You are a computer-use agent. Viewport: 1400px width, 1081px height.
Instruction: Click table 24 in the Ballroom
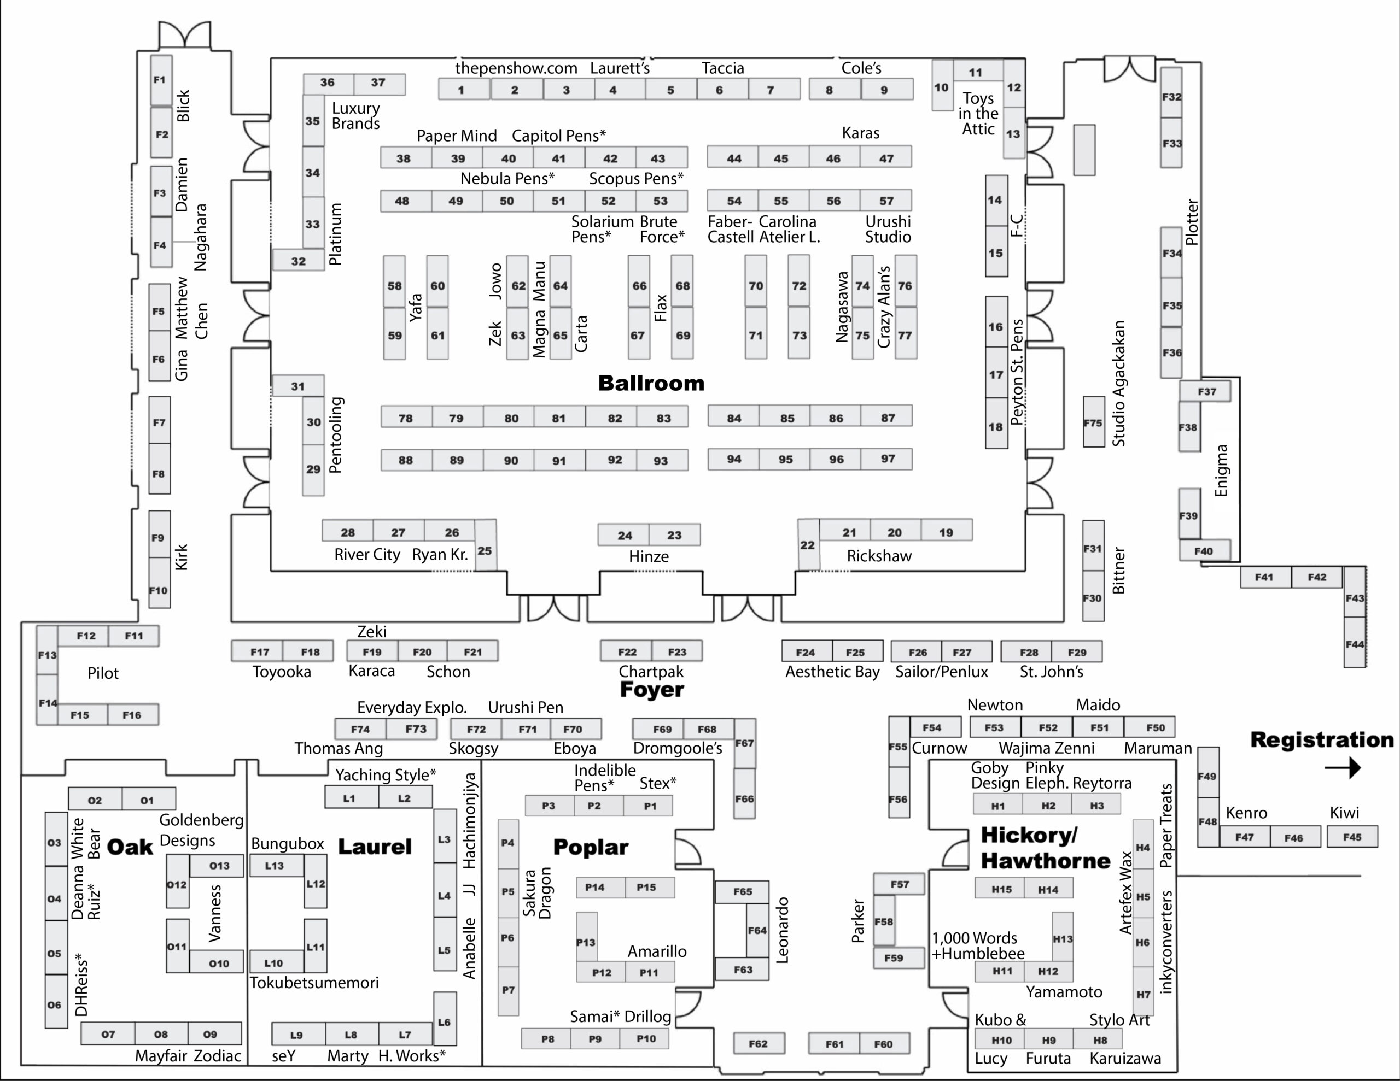(x=624, y=535)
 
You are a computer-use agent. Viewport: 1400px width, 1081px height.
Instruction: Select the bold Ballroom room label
(x=651, y=383)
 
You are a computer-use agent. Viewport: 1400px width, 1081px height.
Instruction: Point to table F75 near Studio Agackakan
(x=1093, y=422)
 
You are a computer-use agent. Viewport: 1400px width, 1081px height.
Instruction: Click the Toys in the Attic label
(x=978, y=114)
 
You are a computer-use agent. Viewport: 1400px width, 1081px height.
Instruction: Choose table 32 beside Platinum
(x=298, y=261)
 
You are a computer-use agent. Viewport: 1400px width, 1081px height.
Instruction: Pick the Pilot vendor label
(x=103, y=673)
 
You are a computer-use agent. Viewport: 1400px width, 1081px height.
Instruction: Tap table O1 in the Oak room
(x=148, y=800)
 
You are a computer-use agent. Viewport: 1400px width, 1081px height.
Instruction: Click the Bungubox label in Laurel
(x=287, y=843)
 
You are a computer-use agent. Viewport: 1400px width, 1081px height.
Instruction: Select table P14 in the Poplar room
(x=594, y=888)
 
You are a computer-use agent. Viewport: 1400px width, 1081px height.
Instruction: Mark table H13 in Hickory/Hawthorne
(x=1062, y=939)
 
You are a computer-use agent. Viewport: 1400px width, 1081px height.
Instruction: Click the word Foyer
(x=651, y=690)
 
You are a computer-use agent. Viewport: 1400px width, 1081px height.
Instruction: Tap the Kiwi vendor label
(x=1344, y=813)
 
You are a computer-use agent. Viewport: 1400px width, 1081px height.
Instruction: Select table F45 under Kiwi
(x=1352, y=837)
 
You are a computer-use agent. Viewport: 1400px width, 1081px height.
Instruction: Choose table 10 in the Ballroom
(x=941, y=87)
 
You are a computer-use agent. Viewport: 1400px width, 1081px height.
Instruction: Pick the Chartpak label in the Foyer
(x=651, y=672)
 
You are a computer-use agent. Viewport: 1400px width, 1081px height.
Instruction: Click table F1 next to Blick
(x=160, y=80)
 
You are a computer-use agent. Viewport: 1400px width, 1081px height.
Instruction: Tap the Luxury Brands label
(x=356, y=116)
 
